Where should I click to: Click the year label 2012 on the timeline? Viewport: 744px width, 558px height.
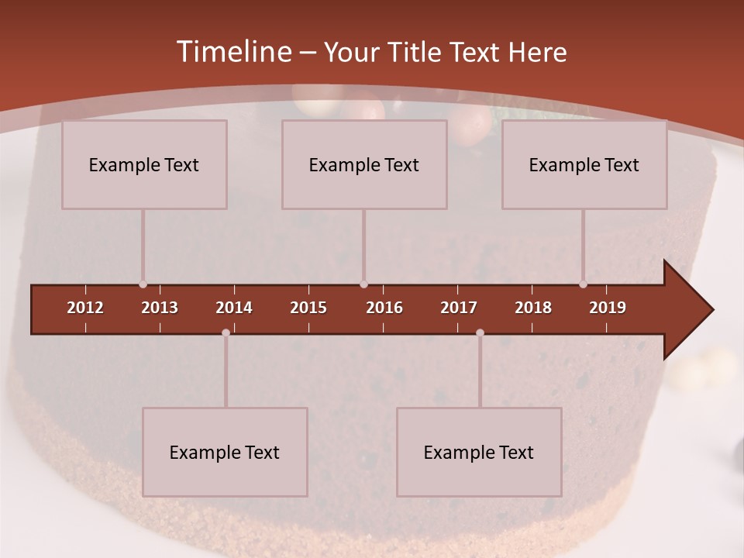(85, 308)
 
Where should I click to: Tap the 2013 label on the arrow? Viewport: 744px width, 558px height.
(160, 308)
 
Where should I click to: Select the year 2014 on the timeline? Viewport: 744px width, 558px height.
(234, 308)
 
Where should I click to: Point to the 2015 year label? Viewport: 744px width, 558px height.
(308, 308)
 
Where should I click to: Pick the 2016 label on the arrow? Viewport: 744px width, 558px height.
(384, 308)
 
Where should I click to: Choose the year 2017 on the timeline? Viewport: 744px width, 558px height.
(459, 308)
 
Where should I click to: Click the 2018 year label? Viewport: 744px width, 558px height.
(533, 308)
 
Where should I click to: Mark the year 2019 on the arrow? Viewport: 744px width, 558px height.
(608, 308)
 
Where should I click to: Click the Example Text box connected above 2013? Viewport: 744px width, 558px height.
(144, 164)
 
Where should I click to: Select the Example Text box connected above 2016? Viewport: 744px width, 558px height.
(364, 164)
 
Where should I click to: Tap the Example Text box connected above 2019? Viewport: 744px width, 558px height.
(584, 164)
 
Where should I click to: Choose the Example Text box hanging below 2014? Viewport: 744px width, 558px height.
(225, 452)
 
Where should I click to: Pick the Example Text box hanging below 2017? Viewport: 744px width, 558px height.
(479, 452)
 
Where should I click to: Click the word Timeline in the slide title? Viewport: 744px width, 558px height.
(233, 52)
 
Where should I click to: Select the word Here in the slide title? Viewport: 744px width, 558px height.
(537, 53)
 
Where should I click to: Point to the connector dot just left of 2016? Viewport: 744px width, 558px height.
(363, 284)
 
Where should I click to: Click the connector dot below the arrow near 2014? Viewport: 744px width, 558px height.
(226, 333)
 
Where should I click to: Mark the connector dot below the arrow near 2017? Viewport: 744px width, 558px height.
(480, 333)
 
